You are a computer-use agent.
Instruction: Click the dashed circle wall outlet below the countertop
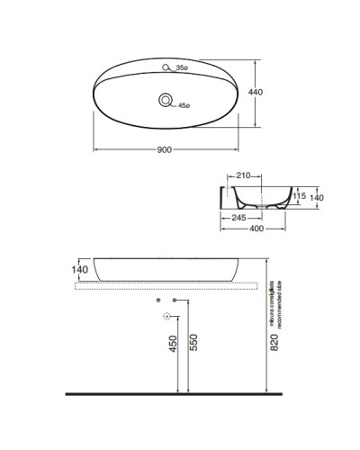[x=166, y=316]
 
